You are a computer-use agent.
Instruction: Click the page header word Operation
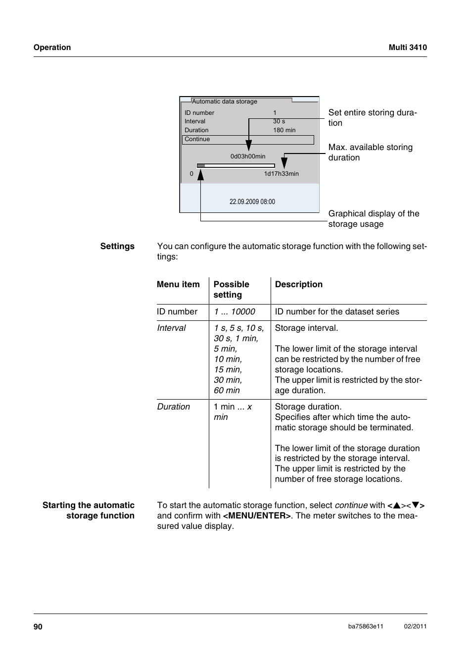[x=52, y=48]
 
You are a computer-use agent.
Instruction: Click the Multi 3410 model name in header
[x=407, y=48]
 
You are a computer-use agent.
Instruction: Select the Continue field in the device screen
[x=248, y=140]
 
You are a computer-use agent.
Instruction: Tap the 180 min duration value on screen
[x=284, y=130]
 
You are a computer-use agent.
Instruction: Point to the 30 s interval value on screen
[x=279, y=121]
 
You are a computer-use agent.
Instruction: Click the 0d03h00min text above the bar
[x=247, y=156]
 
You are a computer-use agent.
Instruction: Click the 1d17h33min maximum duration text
[x=281, y=174]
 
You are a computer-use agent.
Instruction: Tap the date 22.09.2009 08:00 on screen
[x=252, y=202]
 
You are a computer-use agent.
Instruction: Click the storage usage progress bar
[x=236, y=166]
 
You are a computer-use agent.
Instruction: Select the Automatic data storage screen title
[x=225, y=102]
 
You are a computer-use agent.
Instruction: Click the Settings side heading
[x=117, y=246]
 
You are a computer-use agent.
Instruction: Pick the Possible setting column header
[x=231, y=289]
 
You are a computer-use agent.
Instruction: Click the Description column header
[x=298, y=284]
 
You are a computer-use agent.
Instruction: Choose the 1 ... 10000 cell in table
[x=235, y=311]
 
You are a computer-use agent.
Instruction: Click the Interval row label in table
[x=171, y=328]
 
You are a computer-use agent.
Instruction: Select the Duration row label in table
[x=173, y=407]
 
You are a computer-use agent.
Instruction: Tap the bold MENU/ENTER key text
[x=257, y=515]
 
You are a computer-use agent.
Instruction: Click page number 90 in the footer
[x=38, y=626]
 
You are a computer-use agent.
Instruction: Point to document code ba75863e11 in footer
[x=366, y=626]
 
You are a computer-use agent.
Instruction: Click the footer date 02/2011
[x=415, y=626]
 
